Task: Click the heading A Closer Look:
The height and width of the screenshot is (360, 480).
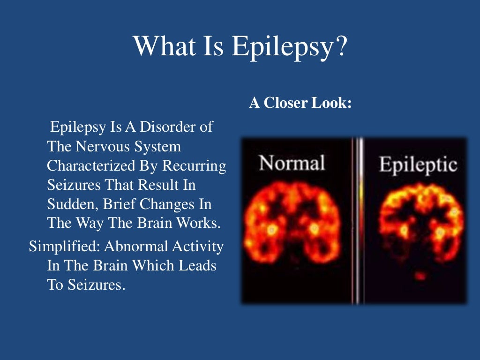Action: [x=300, y=103]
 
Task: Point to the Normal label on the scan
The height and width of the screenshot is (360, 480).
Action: [x=292, y=164]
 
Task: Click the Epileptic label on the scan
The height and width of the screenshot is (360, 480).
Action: [x=418, y=165]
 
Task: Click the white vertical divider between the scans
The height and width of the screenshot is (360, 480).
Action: [x=360, y=220]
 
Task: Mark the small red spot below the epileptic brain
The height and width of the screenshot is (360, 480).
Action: [x=420, y=276]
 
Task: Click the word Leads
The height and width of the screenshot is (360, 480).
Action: [x=198, y=265]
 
